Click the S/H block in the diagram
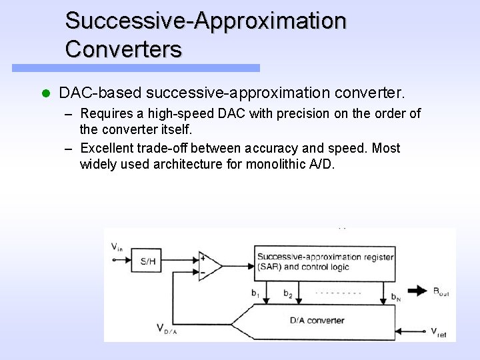[148, 261]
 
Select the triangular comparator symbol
[209, 265]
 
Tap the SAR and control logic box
[325, 261]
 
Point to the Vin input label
[117, 247]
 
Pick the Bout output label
[441, 291]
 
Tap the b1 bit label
[255, 293]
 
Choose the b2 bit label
[288, 293]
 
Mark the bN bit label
[395, 295]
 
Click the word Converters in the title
[123, 49]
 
